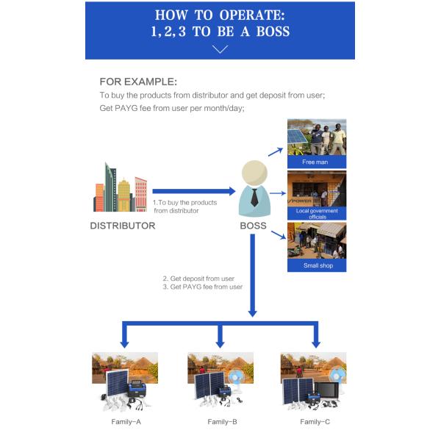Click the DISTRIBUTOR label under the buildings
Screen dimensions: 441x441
(123, 226)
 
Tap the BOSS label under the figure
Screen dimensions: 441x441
(253, 226)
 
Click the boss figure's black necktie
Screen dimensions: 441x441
(254, 198)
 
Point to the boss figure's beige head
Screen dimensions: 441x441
(254, 173)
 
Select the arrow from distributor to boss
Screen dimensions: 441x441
(194, 191)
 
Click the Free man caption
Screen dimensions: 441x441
(315, 162)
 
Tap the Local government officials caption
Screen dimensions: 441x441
(317, 214)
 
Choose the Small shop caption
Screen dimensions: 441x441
(318, 265)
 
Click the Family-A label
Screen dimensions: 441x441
(126, 422)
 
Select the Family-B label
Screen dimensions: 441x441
(222, 422)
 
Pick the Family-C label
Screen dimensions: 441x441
(315, 422)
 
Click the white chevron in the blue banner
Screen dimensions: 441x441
(220, 49)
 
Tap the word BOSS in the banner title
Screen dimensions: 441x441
(273, 31)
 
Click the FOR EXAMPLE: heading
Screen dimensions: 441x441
(138, 82)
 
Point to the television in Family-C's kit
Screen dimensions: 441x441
(327, 390)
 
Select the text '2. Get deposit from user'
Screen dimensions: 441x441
(198, 279)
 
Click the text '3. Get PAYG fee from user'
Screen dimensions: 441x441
(203, 287)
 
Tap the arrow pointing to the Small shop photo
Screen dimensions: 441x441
(279, 235)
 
